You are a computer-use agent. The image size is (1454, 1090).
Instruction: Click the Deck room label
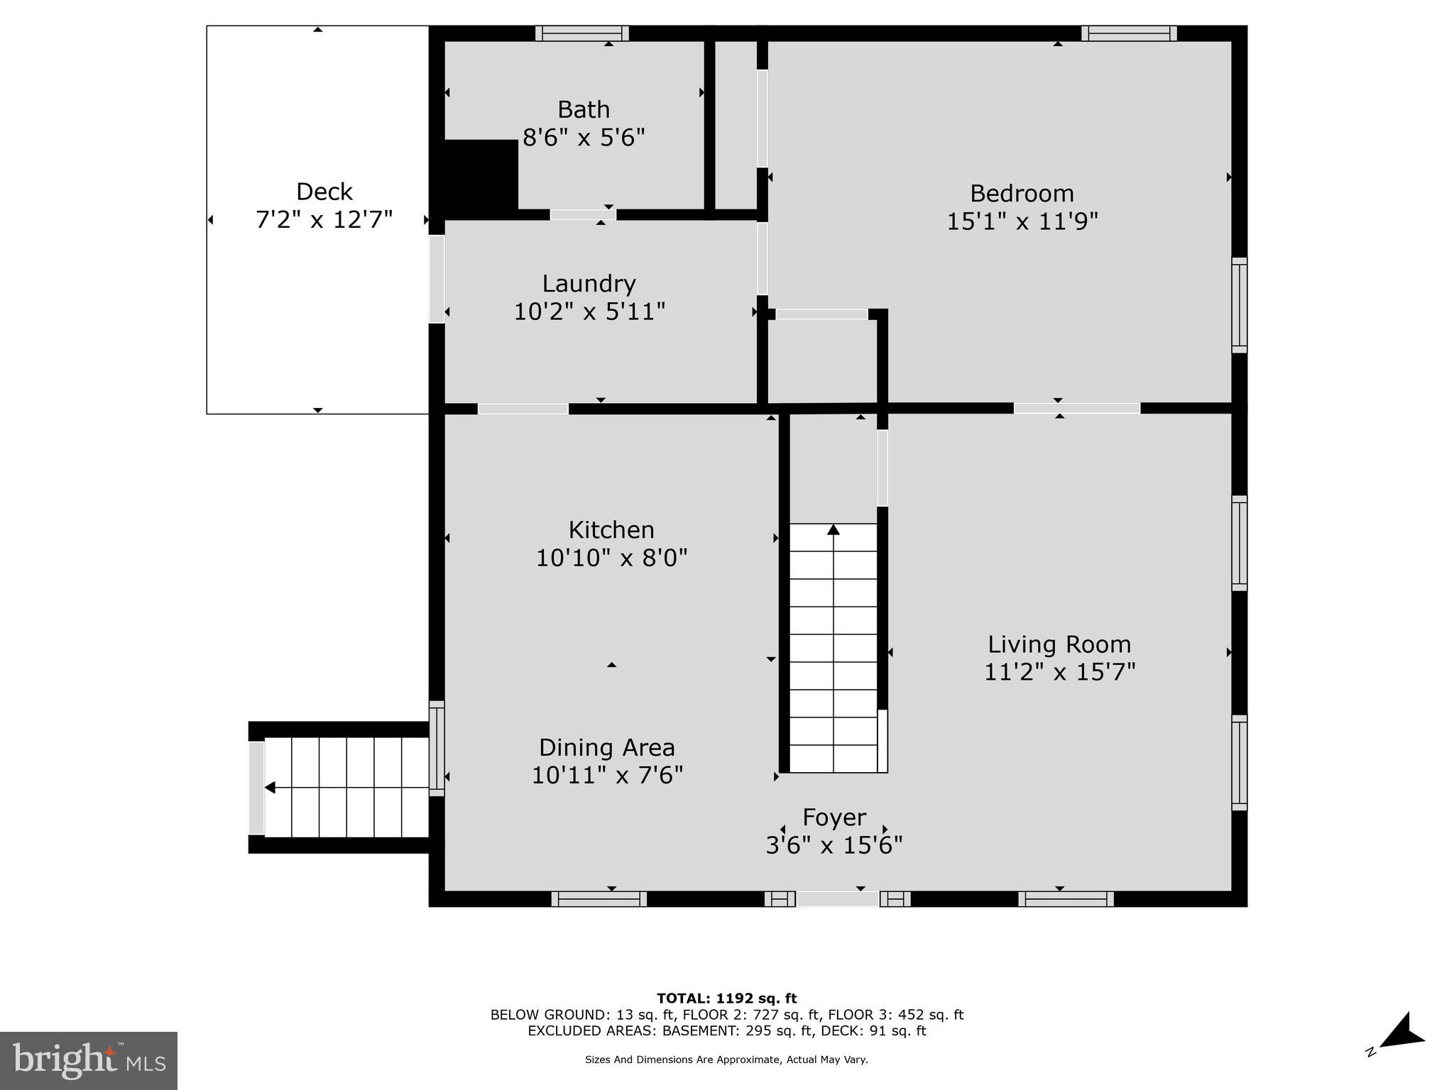(324, 192)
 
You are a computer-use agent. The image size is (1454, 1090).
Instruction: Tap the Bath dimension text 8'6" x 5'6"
(584, 137)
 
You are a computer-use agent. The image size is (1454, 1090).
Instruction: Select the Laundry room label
(589, 283)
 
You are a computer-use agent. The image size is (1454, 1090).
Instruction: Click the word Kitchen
(611, 529)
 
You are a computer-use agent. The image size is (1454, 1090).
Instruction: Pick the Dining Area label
(606, 747)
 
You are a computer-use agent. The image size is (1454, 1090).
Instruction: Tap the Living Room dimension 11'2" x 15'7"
(1059, 671)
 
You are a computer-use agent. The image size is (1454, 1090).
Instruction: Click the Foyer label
(834, 817)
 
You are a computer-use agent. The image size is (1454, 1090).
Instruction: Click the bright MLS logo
(88, 1060)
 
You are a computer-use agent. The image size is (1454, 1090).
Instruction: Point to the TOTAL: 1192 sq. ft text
(726, 998)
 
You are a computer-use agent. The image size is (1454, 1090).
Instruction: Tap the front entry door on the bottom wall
(838, 899)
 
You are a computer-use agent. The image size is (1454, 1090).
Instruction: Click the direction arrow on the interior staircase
(833, 530)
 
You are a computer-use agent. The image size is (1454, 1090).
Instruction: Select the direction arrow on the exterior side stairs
(270, 787)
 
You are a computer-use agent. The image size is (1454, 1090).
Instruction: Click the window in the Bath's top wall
(582, 33)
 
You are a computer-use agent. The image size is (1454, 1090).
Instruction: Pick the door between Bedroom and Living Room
(1076, 408)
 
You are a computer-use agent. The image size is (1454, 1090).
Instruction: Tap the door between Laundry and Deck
(437, 279)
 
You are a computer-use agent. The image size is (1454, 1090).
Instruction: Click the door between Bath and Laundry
(583, 214)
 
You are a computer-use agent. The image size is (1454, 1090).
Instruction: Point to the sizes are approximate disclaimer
(726, 1059)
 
